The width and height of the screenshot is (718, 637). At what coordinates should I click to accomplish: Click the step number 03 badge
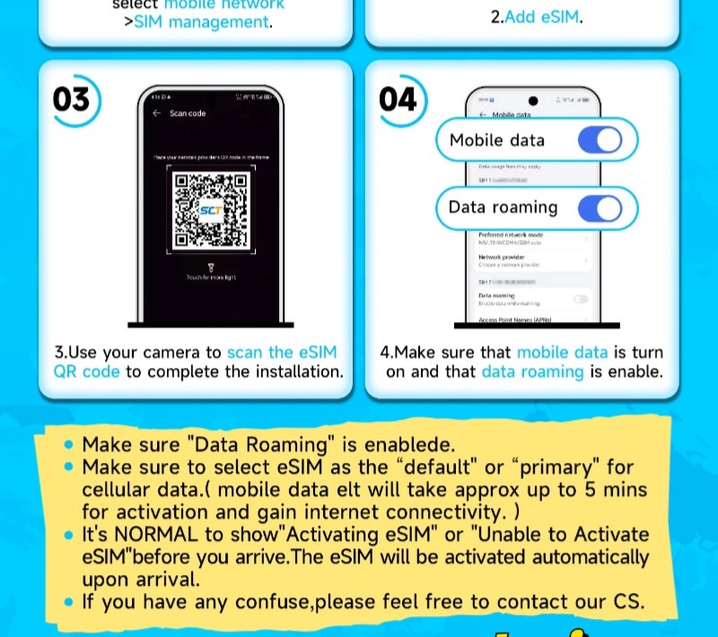(x=72, y=98)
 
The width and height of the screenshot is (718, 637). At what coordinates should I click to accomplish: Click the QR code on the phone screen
(x=210, y=211)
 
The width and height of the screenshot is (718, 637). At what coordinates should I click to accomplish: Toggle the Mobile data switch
(x=600, y=141)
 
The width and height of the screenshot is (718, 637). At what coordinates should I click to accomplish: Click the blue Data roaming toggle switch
(x=600, y=208)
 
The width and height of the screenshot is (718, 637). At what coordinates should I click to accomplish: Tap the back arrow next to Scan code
(x=156, y=114)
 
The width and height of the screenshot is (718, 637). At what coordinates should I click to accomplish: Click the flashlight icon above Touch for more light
(x=210, y=266)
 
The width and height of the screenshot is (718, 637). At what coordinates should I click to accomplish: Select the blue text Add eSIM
(x=543, y=18)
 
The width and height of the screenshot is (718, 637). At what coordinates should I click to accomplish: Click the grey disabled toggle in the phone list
(x=581, y=298)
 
